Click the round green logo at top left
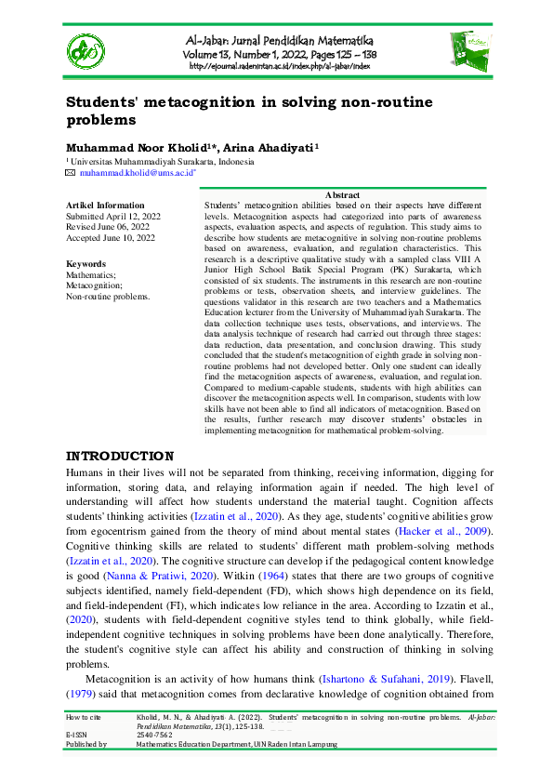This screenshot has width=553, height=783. click(x=86, y=51)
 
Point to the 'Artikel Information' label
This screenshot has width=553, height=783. click(x=99, y=205)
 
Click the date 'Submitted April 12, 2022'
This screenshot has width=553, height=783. click(x=112, y=216)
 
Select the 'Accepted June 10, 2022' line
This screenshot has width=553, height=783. click(x=109, y=238)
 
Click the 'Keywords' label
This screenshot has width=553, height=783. click(x=86, y=264)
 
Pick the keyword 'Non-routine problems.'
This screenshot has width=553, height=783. click(x=108, y=297)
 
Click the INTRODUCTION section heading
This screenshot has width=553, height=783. click(x=119, y=457)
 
